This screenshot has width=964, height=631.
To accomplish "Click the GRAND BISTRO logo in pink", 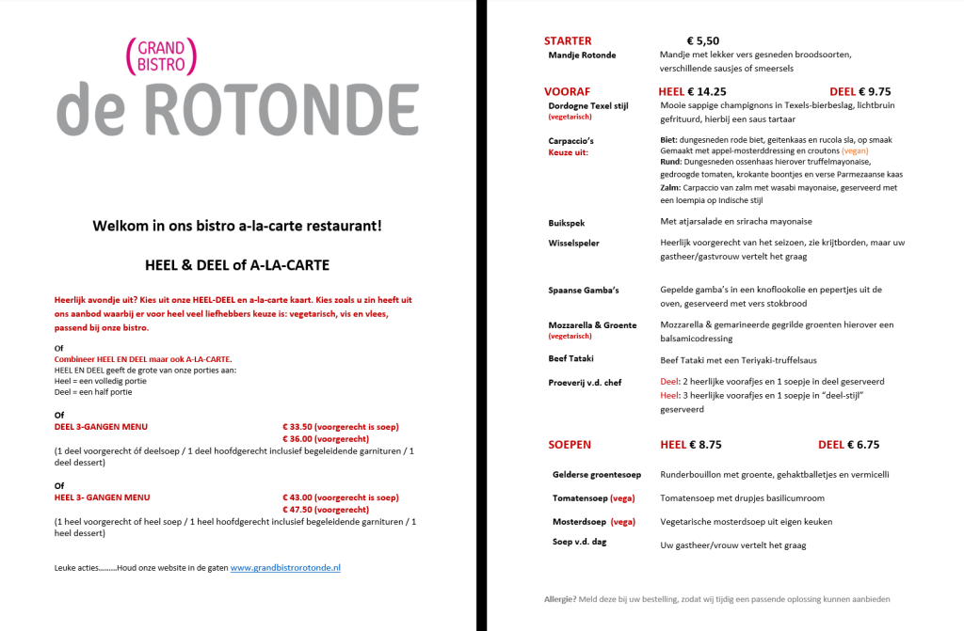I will click(x=161, y=56).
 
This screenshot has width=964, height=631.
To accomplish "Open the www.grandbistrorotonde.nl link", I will click(x=285, y=568).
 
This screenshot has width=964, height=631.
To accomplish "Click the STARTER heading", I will click(x=568, y=40).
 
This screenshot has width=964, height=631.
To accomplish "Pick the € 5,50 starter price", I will click(x=702, y=40).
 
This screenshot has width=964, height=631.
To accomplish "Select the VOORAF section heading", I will click(x=567, y=91).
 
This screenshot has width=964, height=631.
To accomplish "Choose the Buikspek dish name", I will click(x=567, y=222).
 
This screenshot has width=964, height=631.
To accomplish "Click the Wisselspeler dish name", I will click(x=573, y=243).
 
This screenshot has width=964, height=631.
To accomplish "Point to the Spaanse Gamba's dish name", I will click(x=583, y=290).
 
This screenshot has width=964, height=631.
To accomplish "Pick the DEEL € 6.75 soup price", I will click(x=848, y=444).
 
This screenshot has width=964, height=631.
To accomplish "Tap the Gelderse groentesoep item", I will click(x=596, y=475).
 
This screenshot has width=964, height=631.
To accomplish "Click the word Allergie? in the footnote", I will click(x=562, y=599).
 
